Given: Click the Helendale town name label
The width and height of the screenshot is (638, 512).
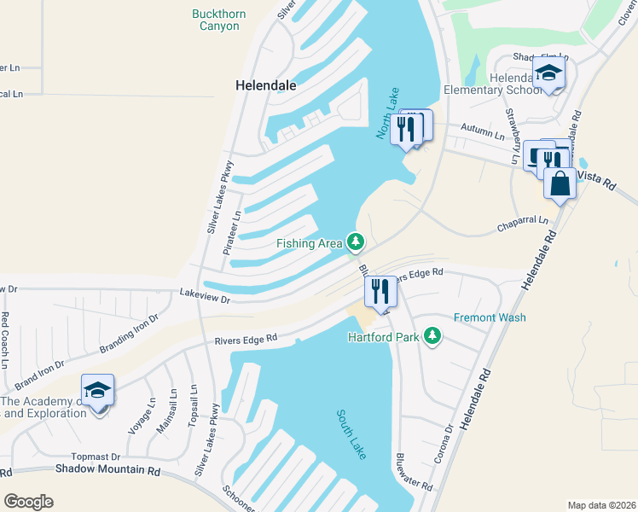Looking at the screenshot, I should [267, 85].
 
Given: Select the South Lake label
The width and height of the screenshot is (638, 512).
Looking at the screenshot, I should [351, 434].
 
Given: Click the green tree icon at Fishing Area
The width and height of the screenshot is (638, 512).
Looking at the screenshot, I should [356, 243].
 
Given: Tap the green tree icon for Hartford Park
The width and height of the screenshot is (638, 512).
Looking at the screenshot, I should [433, 336].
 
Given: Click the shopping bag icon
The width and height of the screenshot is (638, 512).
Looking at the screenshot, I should [559, 183].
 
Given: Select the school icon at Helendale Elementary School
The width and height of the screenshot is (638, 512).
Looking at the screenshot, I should [548, 73].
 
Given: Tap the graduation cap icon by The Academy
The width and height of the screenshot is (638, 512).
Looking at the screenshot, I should [98, 391].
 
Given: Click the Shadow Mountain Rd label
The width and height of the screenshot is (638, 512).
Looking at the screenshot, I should [108, 469].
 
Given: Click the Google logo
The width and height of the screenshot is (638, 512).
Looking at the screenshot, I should [28, 501].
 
